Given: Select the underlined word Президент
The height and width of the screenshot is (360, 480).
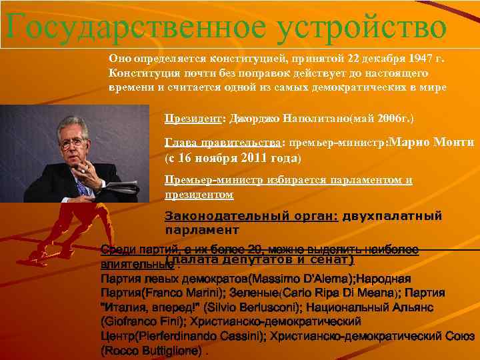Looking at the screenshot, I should point(192,119).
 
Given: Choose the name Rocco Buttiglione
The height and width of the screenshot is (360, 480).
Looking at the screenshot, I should point(151,351).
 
